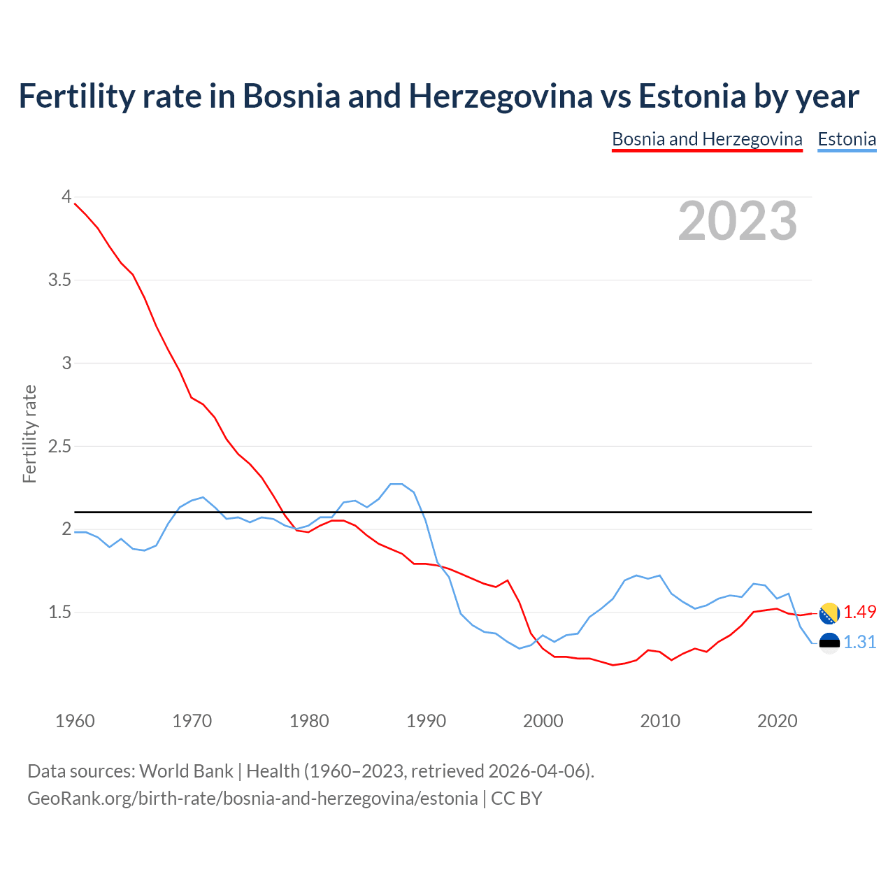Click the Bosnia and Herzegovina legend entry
(x=707, y=139)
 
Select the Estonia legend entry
(x=847, y=139)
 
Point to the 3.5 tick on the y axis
(x=59, y=280)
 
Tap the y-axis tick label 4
(x=66, y=197)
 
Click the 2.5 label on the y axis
(x=59, y=446)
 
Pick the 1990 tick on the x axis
(x=426, y=721)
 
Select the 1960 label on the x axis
(x=75, y=721)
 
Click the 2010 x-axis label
(x=660, y=721)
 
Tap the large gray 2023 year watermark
(x=737, y=221)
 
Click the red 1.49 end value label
(x=859, y=612)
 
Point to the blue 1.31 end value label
(x=859, y=642)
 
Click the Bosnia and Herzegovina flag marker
(x=829, y=613)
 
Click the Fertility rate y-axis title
(x=29, y=434)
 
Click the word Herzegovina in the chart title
(x=501, y=96)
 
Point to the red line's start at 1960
(x=75, y=203)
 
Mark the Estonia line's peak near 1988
(x=396, y=484)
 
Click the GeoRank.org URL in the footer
(x=252, y=798)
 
